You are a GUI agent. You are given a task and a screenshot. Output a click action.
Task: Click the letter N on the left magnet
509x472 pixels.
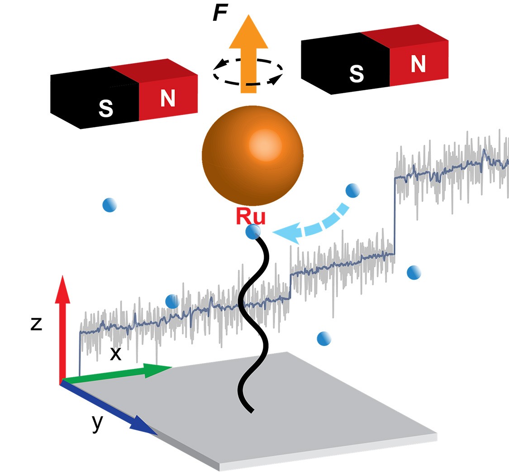[167, 99]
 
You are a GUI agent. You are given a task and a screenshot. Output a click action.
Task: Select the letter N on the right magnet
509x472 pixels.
[418, 64]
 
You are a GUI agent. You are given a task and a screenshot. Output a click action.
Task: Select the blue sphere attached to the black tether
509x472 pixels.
[253, 232]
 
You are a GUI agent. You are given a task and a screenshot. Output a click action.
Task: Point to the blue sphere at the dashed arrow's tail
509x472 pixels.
[352, 191]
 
